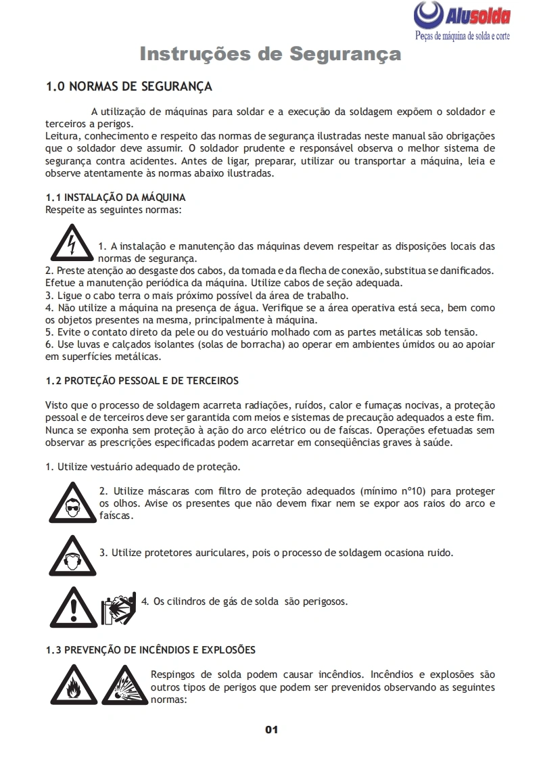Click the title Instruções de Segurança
[270, 54]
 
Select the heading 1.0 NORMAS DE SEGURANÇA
[128, 87]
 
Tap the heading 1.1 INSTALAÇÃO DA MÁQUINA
[115, 198]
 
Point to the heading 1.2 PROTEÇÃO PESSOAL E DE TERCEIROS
[142, 381]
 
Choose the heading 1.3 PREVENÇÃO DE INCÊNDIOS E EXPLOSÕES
[150, 650]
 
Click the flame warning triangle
[72, 685]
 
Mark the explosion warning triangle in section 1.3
[124, 685]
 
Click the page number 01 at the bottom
[271, 730]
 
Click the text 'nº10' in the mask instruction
[411, 491]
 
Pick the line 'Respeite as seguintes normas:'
[113, 209]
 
